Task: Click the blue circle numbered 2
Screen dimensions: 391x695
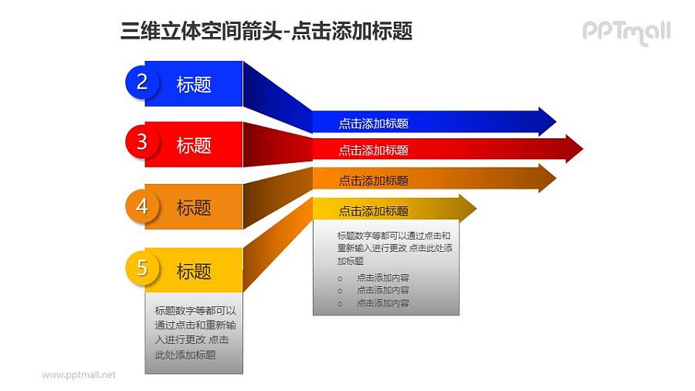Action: (142, 83)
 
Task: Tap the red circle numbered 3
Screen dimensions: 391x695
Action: (142, 142)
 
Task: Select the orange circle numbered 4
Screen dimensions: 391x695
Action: (142, 206)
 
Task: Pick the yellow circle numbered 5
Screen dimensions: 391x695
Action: (142, 269)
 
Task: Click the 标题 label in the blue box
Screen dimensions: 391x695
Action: (194, 84)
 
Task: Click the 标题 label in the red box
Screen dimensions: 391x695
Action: (194, 144)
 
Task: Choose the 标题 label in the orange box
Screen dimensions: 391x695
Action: (194, 207)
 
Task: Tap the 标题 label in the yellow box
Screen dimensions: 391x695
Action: (194, 271)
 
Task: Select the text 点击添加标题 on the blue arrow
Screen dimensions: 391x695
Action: (373, 123)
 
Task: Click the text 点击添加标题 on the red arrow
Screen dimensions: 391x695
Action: (373, 150)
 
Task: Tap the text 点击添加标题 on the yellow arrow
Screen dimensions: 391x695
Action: (373, 211)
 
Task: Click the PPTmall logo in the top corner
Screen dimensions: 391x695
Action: (625, 32)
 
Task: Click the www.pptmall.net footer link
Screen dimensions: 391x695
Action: (79, 375)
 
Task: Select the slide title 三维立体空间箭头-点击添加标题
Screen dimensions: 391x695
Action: (266, 31)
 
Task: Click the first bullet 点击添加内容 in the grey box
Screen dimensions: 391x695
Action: (382, 277)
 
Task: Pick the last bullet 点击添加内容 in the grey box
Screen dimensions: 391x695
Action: (382, 303)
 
